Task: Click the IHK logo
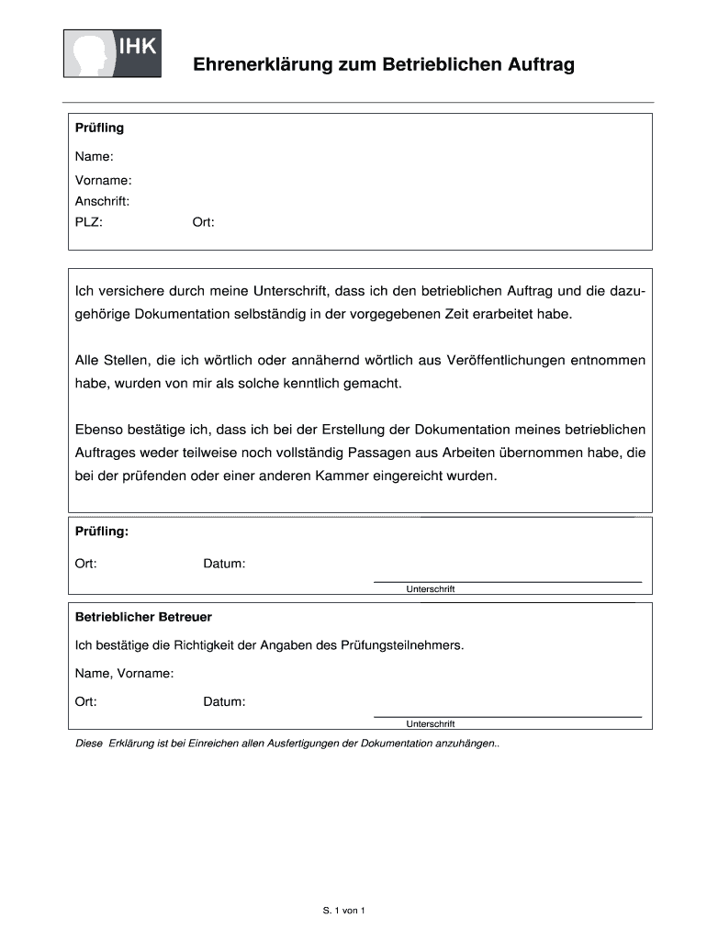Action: coord(112,53)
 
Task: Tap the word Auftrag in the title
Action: coord(543,65)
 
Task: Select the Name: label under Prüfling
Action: coord(94,157)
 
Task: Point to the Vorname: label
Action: coord(103,180)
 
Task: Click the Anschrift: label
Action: coord(102,200)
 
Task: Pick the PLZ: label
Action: coord(89,222)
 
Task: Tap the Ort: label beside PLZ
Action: coord(203,222)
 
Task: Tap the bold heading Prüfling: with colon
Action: coord(101,532)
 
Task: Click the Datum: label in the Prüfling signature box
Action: coord(224,564)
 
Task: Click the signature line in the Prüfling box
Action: coord(507,581)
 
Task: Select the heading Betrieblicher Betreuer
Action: coord(143,617)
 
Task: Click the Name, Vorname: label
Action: coord(124,674)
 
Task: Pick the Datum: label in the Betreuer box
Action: coord(224,702)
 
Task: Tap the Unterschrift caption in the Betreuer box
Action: coord(431,723)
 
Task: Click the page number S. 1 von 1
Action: coord(344,911)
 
